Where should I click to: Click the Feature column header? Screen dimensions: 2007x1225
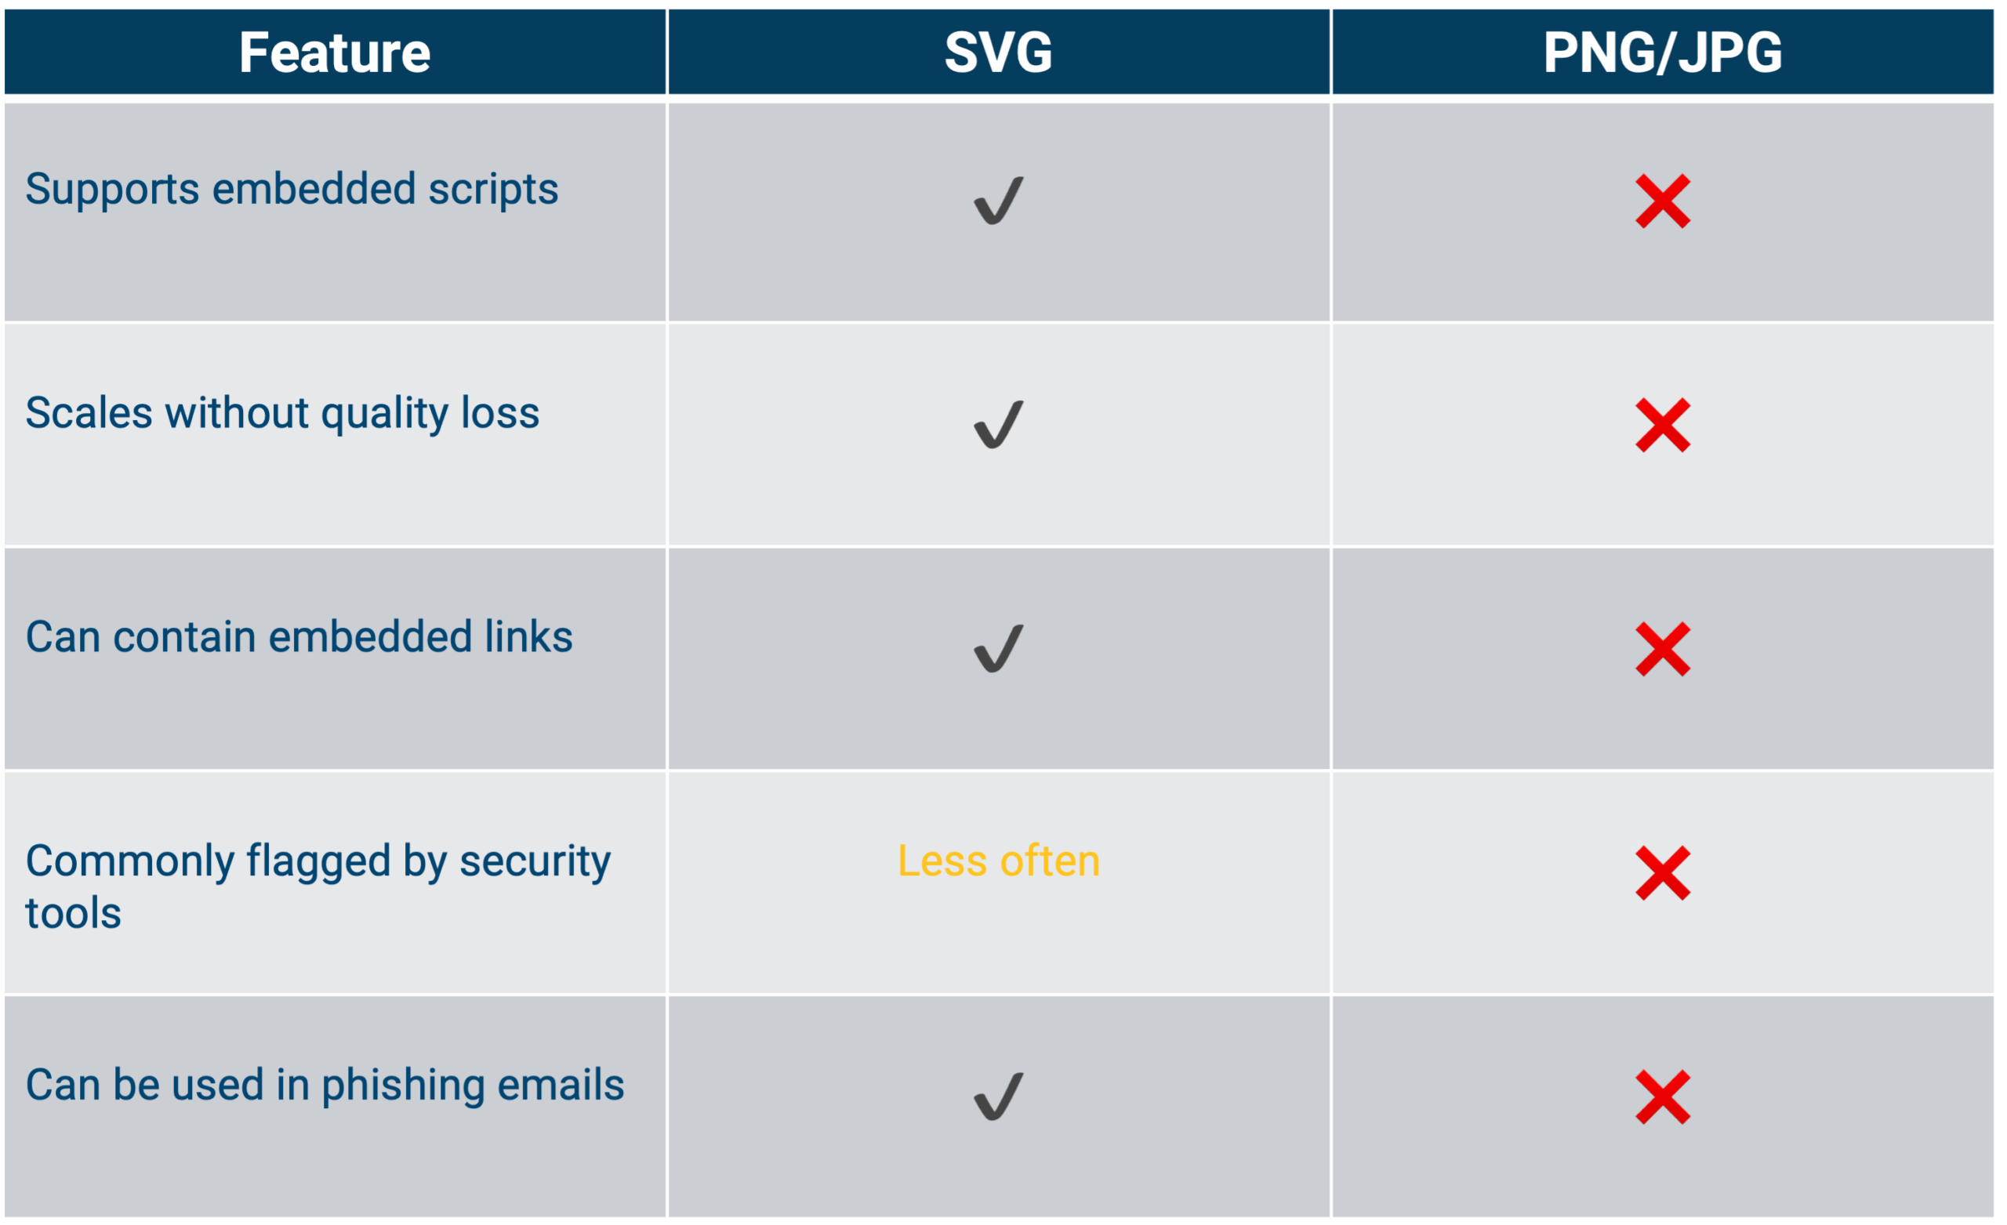335,53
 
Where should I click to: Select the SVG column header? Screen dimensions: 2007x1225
999,53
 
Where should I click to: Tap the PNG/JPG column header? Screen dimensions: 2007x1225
1663,53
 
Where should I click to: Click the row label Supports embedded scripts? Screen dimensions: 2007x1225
292,190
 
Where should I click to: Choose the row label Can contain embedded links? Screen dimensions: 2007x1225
299,636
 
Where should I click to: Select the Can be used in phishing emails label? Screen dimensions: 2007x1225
325,1085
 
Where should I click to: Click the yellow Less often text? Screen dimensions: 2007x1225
999,861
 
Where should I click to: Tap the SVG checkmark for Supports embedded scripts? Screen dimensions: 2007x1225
999,201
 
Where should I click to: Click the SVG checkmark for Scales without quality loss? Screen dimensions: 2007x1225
999,424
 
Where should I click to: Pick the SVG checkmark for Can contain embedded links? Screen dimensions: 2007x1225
999,648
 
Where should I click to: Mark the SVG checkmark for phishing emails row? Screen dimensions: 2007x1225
999,1096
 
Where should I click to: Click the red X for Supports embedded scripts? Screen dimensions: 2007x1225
1663,201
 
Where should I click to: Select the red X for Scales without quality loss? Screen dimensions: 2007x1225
1663,425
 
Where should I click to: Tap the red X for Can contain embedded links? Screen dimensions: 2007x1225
1663,649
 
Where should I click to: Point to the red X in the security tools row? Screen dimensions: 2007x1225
1663,873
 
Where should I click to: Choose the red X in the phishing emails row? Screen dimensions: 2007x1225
1663,1097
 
